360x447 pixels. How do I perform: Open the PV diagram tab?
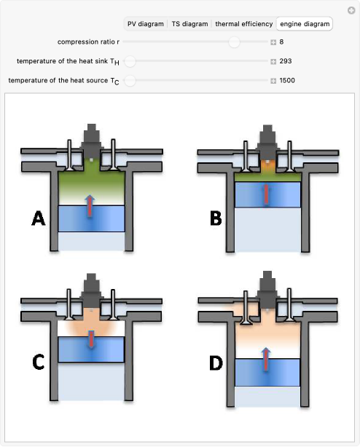pos(146,24)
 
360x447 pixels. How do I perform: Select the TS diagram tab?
pos(189,24)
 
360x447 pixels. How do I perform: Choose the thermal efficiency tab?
pos(244,24)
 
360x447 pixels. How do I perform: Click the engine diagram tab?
pos(305,24)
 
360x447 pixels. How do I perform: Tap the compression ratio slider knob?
pos(234,42)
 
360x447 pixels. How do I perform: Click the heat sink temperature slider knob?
pos(130,61)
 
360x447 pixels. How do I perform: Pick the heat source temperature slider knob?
pos(130,81)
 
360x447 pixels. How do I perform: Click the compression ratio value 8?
pos(281,42)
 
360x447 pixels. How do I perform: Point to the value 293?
pos(286,61)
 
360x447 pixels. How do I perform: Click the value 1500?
pos(287,80)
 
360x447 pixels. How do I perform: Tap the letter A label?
pos(39,218)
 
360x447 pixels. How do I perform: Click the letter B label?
pos(216,218)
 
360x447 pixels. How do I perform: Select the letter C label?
pos(38,362)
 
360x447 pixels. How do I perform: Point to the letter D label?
pos(216,363)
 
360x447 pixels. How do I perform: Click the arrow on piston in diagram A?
pos(90,205)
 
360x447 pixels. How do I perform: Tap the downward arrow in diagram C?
pos(91,339)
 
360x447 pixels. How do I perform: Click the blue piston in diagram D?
pos(267,372)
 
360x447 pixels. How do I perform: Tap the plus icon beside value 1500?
pos(273,81)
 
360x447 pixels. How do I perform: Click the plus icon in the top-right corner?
pos(351,10)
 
